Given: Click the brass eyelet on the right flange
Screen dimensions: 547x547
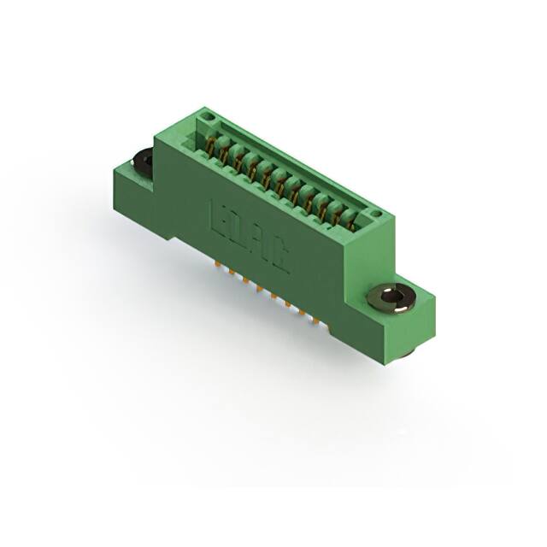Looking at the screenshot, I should (x=391, y=297).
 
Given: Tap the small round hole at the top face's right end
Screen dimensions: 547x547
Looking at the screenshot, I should (x=373, y=213).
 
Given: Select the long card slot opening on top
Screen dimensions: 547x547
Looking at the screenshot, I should (x=282, y=171).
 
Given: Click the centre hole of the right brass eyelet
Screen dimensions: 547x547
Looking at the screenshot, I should (x=391, y=297).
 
